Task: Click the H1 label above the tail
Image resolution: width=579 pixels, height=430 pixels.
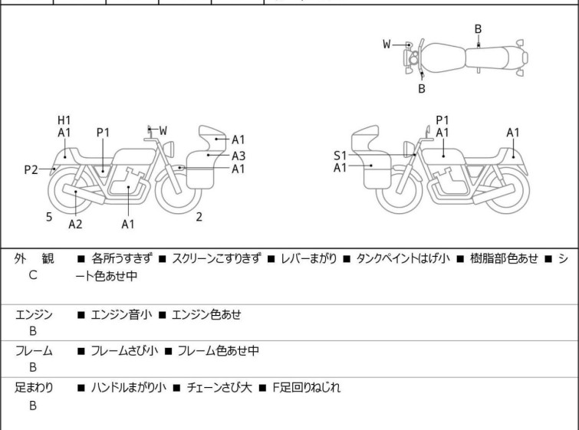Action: coord(64,120)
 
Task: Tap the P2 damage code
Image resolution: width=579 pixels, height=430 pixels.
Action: coord(31,170)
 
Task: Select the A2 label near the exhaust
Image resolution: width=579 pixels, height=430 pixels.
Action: coord(75,224)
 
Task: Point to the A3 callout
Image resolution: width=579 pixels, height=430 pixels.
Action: coord(239,155)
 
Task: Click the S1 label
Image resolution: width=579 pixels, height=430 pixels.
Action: coord(340,155)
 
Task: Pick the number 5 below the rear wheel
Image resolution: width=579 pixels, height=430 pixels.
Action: coord(49,217)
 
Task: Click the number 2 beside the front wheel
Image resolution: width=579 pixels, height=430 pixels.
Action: coord(199,217)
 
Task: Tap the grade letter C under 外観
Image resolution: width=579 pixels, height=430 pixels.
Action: coord(33,274)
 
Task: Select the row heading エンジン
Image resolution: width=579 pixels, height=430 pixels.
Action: coord(34,314)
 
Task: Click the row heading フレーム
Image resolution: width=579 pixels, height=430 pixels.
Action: coord(34,351)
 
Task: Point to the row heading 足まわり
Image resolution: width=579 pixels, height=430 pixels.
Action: coord(34,388)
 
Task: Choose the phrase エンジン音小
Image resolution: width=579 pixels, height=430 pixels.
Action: coord(121,314)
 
